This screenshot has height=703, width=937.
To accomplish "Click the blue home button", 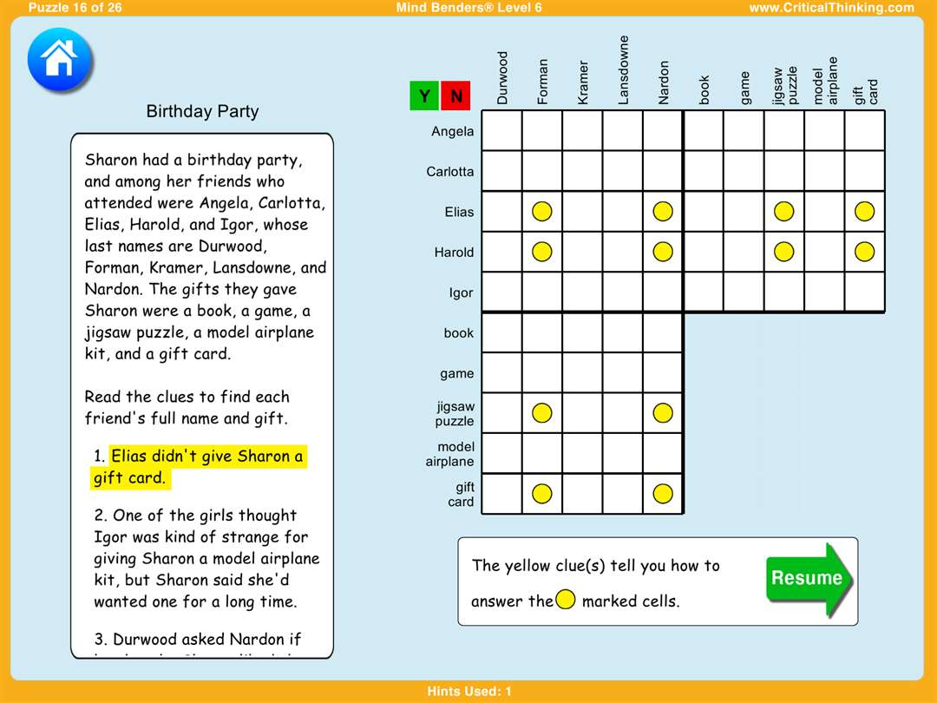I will point(60,60).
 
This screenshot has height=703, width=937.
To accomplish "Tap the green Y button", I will point(424,96).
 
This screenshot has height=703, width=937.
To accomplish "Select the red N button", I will point(455,96).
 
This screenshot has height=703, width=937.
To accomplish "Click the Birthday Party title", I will point(202,111).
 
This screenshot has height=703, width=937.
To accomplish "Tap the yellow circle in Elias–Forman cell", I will point(541,211).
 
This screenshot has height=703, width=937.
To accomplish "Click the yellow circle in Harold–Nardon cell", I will point(663,252).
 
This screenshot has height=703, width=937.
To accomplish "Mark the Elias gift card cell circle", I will point(864,211).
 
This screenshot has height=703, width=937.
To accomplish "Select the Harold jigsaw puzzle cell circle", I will point(783,252).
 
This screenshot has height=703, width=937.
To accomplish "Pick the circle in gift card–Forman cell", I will point(541,494).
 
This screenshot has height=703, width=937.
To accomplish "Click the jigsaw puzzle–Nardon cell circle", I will point(663,413).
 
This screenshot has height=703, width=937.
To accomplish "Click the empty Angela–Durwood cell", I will point(501,131).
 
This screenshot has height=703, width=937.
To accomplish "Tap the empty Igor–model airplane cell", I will point(824,292).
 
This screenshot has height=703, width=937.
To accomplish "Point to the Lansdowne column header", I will point(623,69).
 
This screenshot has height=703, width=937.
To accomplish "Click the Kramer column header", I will point(583,82).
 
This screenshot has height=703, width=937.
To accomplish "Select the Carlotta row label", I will point(450,172).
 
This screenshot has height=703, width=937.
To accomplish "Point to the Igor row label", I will point(461,292).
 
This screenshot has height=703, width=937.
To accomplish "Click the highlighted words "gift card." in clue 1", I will point(129,478).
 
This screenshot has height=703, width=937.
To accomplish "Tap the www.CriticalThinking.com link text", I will point(831,8).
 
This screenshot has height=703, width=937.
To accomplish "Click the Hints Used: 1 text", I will point(469,692).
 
